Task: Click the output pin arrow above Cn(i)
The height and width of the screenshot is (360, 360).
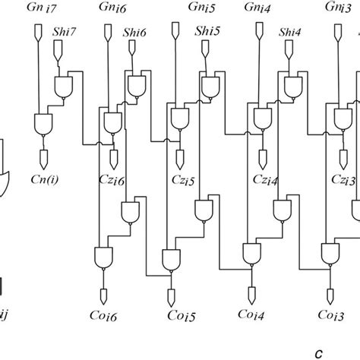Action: pyautogui.click(x=43, y=159)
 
